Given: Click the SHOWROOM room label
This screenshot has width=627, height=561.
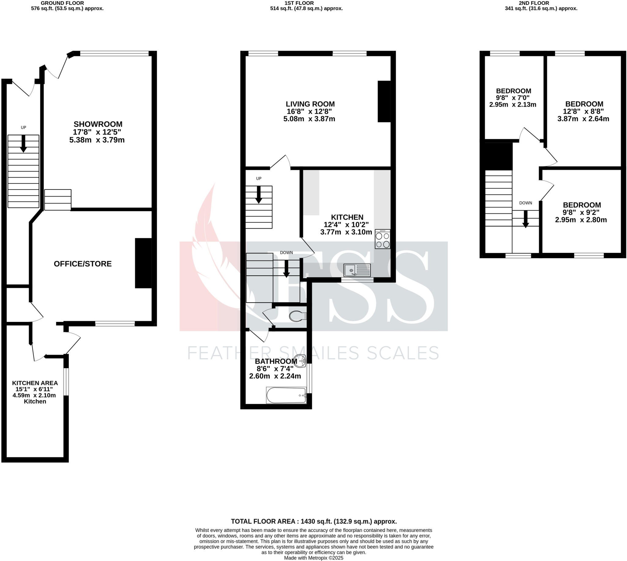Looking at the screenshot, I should pos(98,124).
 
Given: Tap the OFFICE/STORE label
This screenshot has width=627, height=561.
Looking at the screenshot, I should pos(82,264).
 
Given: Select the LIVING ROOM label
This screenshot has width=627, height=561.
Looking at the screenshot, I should pos(310,104).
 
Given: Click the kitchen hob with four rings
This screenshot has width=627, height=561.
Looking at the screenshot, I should pos(382,239).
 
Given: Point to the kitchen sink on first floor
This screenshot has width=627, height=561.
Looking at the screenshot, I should pos(357,270).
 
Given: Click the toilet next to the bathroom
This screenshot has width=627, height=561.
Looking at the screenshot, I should pos(297,316).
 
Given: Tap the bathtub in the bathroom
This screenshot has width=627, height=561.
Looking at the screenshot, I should pos(286,395).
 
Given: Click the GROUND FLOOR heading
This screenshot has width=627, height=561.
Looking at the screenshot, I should pos(62,3).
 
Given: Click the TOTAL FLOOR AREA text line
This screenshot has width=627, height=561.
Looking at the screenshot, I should pos(314,521).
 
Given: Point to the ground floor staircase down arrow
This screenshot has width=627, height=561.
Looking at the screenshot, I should pos(23,144).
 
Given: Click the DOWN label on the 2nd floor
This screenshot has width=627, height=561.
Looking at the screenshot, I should pos(525,203).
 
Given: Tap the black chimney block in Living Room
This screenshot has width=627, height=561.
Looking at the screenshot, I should pos(384,101).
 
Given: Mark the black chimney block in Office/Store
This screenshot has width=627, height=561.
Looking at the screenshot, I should pos(143,263).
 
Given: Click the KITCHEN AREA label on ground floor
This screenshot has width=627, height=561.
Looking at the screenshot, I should pos(35,383).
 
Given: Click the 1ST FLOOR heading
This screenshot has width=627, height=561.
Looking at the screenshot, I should pos(299,3).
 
